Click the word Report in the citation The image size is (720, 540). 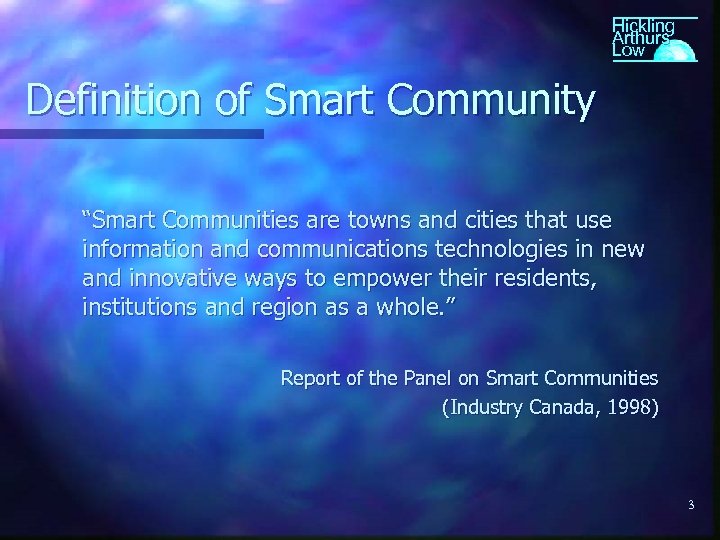(x=309, y=378)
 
